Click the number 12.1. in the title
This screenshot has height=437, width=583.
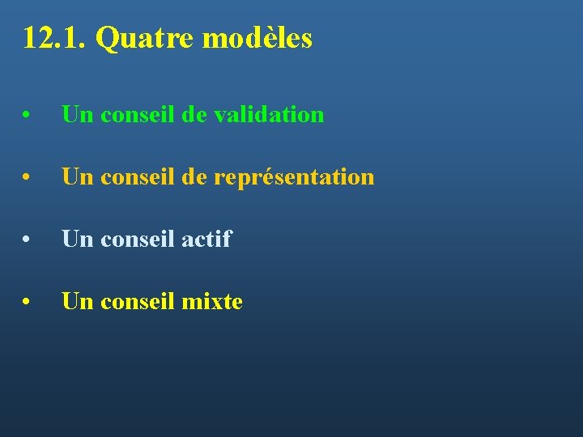click(54, 38)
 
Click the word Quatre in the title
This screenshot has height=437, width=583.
click(145, 38)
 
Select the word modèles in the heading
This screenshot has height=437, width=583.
click(257, 38)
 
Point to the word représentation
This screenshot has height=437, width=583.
click(294, 177)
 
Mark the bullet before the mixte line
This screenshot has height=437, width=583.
click(28, 303)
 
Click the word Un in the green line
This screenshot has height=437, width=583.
click(77, 114)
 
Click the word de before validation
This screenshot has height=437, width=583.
click(194, 114)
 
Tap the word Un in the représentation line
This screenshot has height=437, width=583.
click(77, 177)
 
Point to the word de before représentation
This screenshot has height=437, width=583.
click(194, 177)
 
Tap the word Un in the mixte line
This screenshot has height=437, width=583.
click(77, 302)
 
